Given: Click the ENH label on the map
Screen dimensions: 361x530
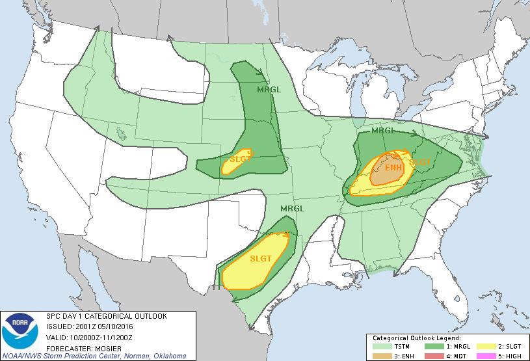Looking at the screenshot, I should click(393, 168).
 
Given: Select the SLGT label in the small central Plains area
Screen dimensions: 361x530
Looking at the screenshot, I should click(241, 159).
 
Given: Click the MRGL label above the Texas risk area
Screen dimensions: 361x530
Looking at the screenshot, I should click(292, 209).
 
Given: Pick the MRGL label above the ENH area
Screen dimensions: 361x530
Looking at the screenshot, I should click(383, 131).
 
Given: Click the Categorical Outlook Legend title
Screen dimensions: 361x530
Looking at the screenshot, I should click(416, 339).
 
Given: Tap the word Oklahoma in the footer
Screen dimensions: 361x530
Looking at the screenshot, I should click(165, 356).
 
